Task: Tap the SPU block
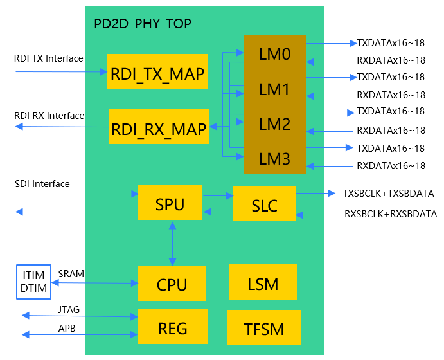(170, 204)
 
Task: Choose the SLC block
(264, 206)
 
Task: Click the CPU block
(172, 283)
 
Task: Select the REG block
(172, 328)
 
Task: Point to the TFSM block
(263, 328)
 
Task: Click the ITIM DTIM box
(33, 282)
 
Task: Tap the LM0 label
(275, 54)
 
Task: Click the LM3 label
(275, 157)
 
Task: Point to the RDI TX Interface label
(49, 59)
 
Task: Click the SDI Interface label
(42, 184)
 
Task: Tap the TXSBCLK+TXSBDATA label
(388, 193)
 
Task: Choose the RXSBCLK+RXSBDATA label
(390, 214)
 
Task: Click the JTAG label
(68, 310)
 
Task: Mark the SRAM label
(71, 274)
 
